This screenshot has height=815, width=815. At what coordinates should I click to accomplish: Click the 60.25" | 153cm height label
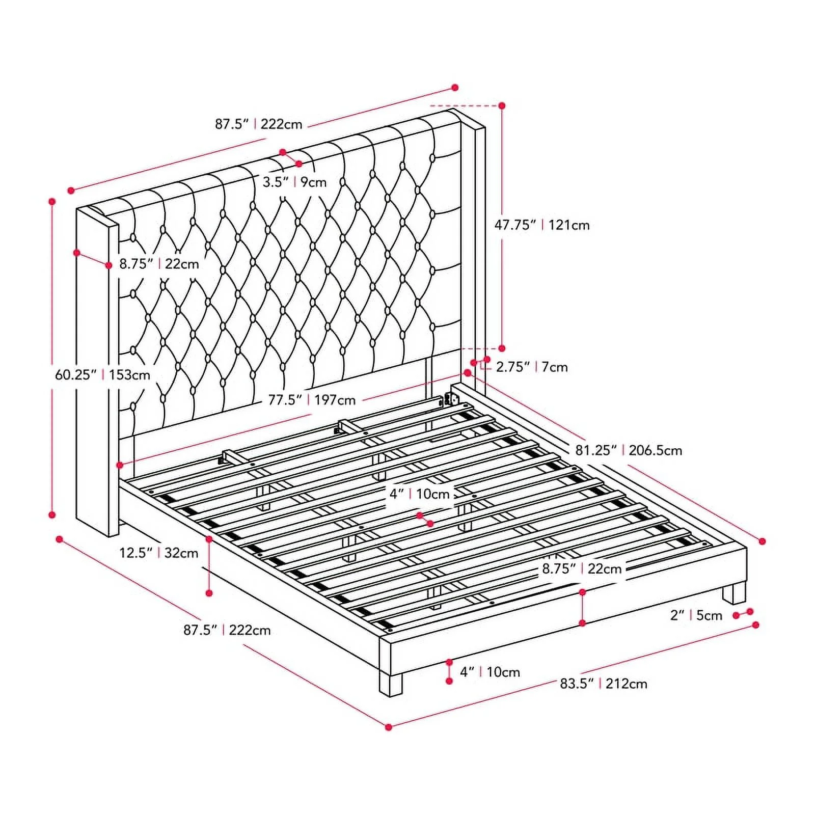103,375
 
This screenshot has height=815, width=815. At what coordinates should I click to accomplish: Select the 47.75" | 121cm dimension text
542,225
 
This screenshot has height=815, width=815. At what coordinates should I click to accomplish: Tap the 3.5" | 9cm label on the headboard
294,182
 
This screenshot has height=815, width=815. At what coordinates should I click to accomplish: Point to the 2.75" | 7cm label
532,367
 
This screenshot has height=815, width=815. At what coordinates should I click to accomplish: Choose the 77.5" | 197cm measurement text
312,400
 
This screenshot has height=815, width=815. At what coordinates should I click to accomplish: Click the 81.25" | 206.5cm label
629,450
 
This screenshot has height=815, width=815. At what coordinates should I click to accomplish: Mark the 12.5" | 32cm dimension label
159,553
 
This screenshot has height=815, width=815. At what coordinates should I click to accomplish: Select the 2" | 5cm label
696,615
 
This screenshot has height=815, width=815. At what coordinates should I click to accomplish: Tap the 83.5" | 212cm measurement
604,684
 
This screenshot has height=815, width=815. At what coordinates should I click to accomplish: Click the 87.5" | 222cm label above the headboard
258,124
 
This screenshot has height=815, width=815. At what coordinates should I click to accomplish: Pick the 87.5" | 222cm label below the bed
227,630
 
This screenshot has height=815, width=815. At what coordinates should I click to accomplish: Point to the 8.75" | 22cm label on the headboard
159,264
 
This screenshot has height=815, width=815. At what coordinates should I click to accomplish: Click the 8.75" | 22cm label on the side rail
582,568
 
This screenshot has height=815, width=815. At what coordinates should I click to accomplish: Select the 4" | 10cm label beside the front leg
490,672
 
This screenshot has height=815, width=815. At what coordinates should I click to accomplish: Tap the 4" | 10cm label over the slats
420,494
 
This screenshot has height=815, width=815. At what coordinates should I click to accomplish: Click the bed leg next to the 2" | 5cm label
734,594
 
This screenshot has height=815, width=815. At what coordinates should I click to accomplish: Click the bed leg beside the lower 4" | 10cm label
391,684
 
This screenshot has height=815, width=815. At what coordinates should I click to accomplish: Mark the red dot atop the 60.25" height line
52,201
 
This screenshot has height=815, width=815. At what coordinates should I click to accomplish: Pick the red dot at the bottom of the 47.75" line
502,348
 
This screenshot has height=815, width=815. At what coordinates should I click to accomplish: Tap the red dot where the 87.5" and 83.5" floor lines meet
389,727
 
